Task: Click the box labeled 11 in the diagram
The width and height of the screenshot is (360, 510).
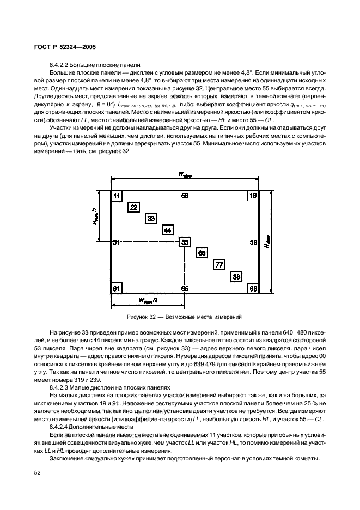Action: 117,195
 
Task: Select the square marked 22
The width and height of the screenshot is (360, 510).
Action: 133,207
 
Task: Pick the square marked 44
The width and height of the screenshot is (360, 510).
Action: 168,230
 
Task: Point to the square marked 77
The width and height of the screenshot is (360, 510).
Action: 219,265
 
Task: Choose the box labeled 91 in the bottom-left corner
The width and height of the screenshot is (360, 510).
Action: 117,288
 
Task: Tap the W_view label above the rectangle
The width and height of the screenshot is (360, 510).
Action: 185,174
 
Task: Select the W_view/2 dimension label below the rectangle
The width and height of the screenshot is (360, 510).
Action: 148,300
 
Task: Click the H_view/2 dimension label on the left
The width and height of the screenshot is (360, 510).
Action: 95,216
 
